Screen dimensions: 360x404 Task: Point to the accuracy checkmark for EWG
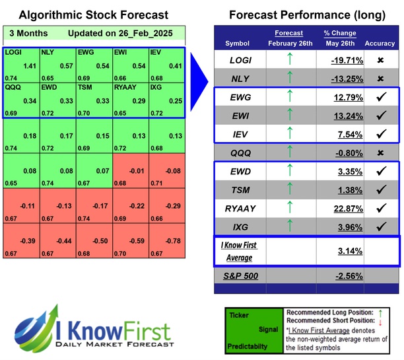[380, 98]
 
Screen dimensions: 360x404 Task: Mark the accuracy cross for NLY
[380, 79]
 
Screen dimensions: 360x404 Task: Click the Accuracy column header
[380, 43]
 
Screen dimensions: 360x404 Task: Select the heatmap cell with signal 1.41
[21, 65]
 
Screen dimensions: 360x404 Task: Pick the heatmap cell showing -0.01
[131, 172]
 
